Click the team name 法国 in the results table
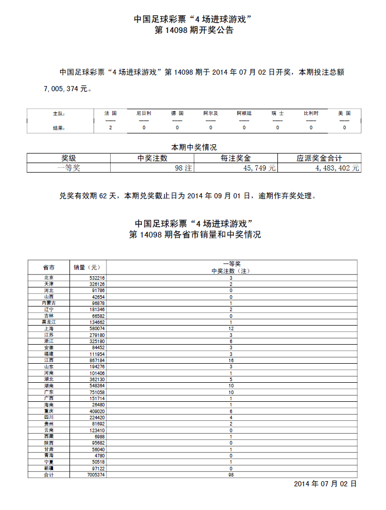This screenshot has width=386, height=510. [110, 113]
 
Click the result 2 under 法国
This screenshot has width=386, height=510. [110, 128]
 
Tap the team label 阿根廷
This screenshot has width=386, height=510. [244, 113]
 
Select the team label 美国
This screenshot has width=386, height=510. [344, 113]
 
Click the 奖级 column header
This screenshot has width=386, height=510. [68, 158]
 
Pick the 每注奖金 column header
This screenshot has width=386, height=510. [236, 158]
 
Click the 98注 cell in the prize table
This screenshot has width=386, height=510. [183, 167]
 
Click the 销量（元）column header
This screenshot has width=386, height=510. [89, 267]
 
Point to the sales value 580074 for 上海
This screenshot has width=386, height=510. [96, 329]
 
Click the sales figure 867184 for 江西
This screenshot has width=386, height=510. [96, 360]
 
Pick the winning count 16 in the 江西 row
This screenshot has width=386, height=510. [231, 360]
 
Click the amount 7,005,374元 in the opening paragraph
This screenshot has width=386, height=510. [67, 89]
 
